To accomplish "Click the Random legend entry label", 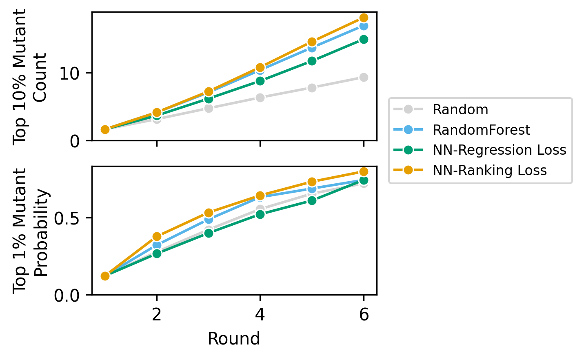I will coord(460,110).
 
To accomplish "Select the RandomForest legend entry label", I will coord(481,130).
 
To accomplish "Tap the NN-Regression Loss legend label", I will coord(499,150).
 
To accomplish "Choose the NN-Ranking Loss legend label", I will coord(489,170).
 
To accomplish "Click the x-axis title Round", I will coord(233,339).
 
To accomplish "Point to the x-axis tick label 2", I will coord(157,315).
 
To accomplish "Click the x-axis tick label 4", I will coord(260,315).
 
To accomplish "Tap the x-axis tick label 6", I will coord(363,315).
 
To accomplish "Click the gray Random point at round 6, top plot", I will coord(363,77).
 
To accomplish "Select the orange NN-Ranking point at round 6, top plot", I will coord(363,18).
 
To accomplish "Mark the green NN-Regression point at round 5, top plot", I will coord(312,61).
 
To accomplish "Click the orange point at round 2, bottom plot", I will coord(157,236).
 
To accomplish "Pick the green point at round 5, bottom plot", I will coord(312,200).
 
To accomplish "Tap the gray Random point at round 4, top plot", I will coord(260,98).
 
